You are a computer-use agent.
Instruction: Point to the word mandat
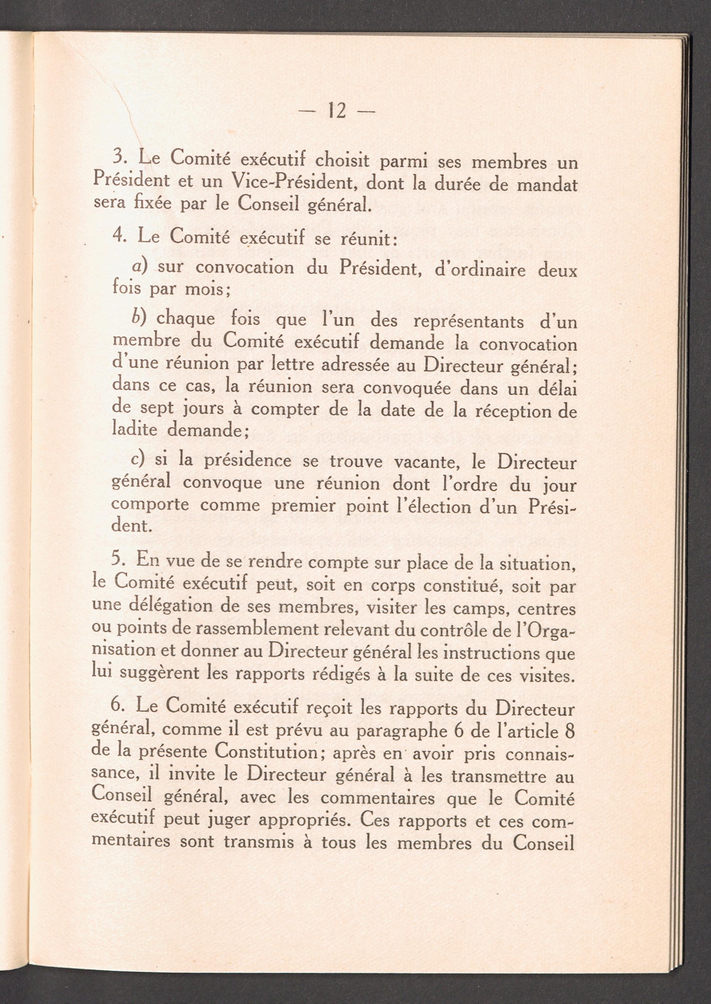547,185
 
